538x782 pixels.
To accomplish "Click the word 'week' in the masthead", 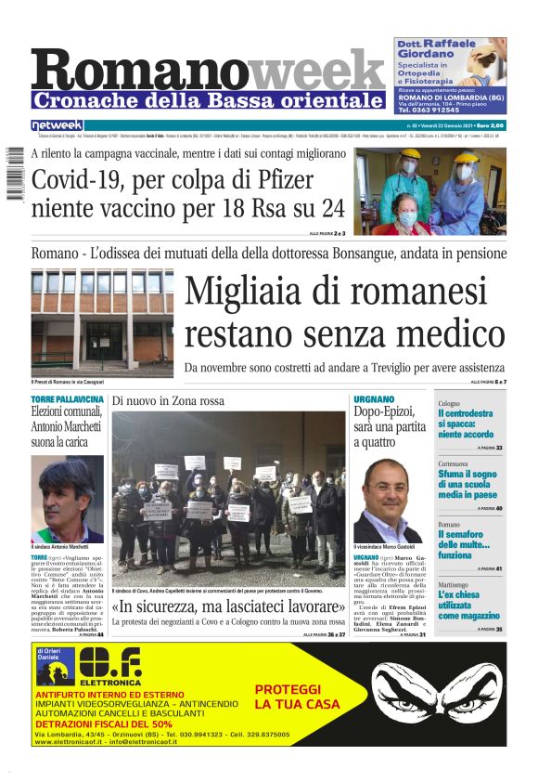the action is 316,70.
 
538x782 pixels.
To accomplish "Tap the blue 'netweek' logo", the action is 58,125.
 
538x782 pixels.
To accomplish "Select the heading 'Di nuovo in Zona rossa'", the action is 168,400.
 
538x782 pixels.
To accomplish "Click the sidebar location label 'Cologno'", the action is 449,404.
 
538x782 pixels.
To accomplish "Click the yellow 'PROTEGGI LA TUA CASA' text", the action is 288,696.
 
